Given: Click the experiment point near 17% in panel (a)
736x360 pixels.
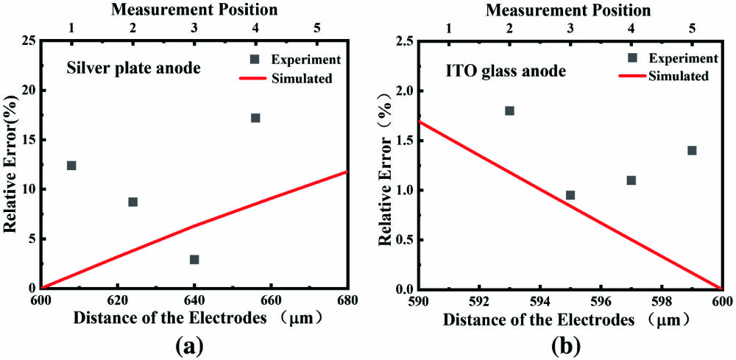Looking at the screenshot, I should tap(255, 118).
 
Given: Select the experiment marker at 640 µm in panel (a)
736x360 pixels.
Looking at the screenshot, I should tap(194, 259).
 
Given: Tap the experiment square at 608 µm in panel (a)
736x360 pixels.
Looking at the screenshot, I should tap(71, 166).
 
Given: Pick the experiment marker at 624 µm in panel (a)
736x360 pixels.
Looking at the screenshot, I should tap(133, 202).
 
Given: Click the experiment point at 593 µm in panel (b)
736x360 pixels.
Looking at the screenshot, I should tap(509, 110).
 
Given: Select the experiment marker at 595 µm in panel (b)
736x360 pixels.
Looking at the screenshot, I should tap(570, 195).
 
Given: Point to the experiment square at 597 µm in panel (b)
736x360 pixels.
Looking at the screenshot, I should tap(631, 180).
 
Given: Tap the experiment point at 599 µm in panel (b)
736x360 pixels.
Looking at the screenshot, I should tap(692, 150).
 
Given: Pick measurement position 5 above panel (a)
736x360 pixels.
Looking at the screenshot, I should tap(317, 27).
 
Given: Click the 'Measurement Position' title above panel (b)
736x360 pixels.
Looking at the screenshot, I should tap(569, 10).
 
